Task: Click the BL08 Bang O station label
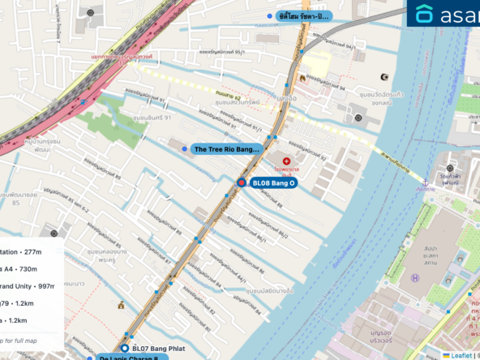[x=273, y=184]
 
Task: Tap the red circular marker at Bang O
[x=241, y=183]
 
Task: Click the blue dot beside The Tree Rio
[x=185, y=149]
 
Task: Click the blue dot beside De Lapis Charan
[x=90, y=358]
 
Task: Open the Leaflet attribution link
[x=461, y=354]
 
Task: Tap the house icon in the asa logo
[x=425, y=14]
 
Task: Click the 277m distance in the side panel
[x=27, y=251]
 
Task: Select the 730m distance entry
[x=28, y=268]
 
